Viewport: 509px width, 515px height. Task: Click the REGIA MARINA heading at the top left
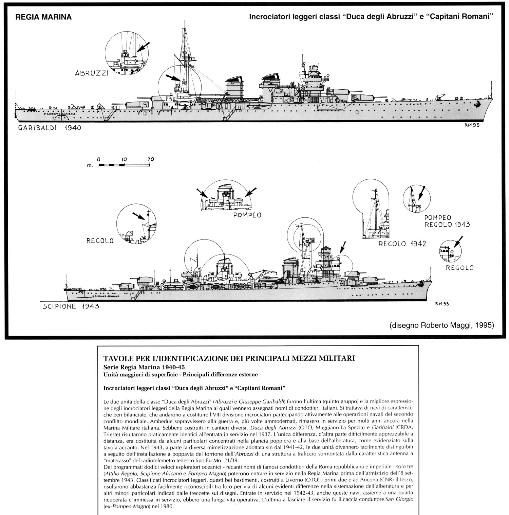[44, 17]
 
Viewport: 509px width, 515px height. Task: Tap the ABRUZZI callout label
[91, 73]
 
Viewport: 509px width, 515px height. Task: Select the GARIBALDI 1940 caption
[50, 128]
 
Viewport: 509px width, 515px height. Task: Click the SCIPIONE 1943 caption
[71, 306]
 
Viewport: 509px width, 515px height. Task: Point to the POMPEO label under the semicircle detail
[247, 215]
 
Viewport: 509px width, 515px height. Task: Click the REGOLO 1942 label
[402, 244]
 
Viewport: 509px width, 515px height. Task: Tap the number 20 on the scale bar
[151, 159]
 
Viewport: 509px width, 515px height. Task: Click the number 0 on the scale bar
[99, 159]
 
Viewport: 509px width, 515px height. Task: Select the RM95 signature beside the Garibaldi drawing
[472, 125]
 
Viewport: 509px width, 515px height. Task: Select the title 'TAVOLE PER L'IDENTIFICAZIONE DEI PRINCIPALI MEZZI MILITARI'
[229, 358]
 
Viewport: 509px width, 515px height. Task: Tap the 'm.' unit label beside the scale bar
[90, 166]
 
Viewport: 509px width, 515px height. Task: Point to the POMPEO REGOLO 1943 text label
[447, 220]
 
